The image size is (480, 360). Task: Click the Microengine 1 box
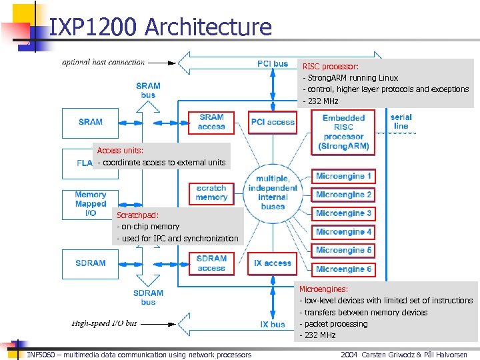click(x=344, y=177)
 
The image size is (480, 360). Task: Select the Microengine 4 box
click(x=344, y=232)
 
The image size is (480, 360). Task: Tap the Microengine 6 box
click(x=344, y=269)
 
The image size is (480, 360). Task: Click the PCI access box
click(x=273, y=122)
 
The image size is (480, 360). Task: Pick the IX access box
click(x=273, y=263)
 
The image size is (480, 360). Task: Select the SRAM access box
click(x=211, y=122)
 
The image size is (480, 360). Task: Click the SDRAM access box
click(x=211, y=263)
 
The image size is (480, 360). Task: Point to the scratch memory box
click(x=211, y=193)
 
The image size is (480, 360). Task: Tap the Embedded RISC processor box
click(x=343, y=132)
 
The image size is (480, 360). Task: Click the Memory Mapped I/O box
click(x=90, y=204)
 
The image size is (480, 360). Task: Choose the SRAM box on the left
click(x=90, y=122)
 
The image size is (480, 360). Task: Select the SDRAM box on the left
click(x=90, y=263)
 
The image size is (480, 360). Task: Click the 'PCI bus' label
click(x=273, y=64)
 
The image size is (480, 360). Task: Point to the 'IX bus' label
click(x=273, y=325)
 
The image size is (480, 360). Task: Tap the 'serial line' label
click(x=401, y=121)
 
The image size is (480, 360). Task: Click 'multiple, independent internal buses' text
click(x=273, y=193)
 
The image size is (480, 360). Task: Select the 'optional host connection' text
click(x=103, y=63)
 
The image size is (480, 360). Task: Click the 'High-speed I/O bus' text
click(x=104, y=323)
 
